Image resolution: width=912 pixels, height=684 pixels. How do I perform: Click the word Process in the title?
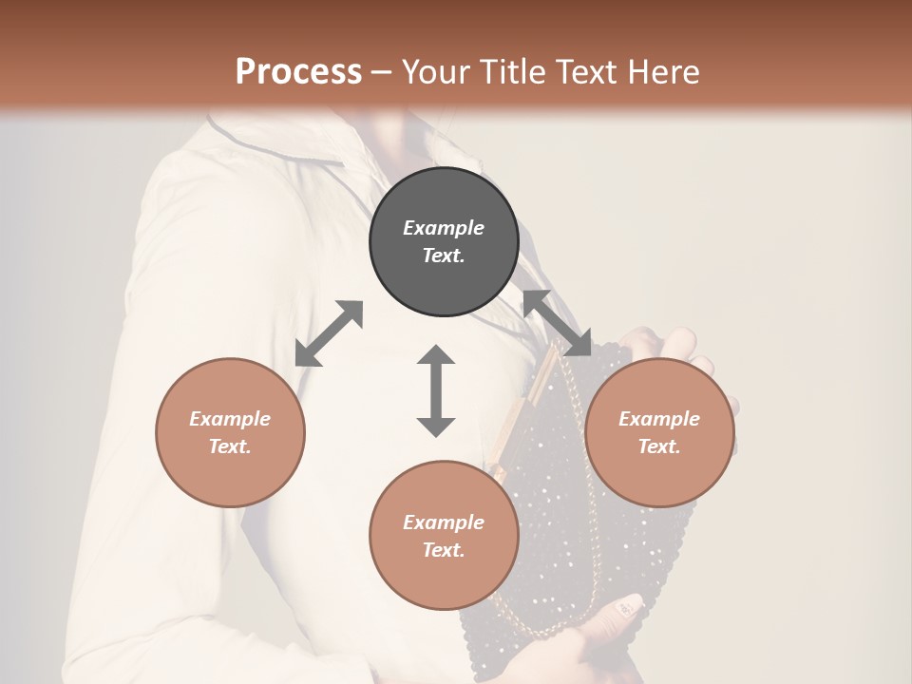[x=298, y=72]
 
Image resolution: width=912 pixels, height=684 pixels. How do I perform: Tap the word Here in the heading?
[x=664, y=72]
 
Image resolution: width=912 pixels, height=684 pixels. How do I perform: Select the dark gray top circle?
[x=444, y=241]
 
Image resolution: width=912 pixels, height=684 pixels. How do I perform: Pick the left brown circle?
[x=230, y=432]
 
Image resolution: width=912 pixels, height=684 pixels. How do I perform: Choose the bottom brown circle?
[x=444, y=535]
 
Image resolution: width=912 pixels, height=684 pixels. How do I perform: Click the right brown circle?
[x=659, y=432]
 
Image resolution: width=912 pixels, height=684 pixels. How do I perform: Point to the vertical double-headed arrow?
[x=436, y=390]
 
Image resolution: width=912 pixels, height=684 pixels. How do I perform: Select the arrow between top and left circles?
[x=329, y=333]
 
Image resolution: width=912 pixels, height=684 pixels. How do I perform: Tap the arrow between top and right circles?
[x=557, y=323]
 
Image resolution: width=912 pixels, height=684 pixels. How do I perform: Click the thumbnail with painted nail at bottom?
[x=628, y=604]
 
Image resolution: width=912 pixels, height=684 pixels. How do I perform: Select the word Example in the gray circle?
[x=444, y=228]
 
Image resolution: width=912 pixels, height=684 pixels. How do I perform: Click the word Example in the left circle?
[x=230, y=419]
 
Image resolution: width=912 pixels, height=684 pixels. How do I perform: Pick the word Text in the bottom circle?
[x=444, y=550]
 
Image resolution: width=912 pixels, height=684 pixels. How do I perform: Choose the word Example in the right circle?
[x=659, y=419]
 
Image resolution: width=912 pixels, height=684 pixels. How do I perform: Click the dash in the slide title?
[x=382, y=72]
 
